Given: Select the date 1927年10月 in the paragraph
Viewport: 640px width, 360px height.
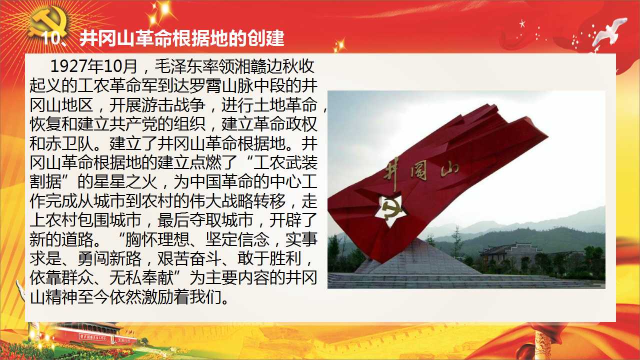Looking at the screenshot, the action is [94, 66].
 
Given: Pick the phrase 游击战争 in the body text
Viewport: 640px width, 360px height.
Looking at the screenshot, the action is [173, 105].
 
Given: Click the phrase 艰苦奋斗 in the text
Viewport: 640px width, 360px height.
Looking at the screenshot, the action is [189, 258].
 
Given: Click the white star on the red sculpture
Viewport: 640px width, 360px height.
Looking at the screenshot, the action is [390, 210].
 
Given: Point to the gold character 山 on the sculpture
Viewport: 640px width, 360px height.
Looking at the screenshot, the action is [449, 169].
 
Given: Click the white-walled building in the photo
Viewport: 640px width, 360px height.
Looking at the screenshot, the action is [511, 252].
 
